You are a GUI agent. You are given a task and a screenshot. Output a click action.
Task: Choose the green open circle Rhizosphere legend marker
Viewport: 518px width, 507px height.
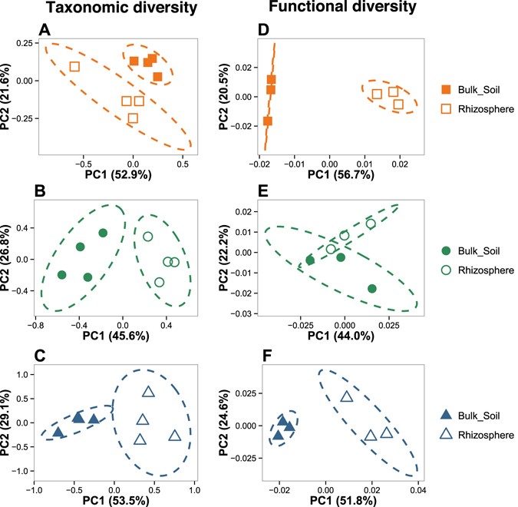pos(445,270)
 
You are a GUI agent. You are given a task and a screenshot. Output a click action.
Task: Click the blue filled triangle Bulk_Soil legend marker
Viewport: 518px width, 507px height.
pos(445,416)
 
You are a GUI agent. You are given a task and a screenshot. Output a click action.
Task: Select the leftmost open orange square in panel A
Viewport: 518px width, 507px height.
pos(74,66)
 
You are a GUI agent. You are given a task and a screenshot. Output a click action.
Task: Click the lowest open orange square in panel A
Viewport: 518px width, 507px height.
pos(133,118)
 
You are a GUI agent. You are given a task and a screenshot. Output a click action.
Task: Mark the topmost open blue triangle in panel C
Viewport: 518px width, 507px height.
pos(148,392)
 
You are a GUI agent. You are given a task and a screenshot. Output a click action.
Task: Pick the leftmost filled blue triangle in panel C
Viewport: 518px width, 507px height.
pos(58,432)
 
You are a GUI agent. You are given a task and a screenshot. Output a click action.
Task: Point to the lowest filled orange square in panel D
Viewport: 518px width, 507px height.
pos(267,121)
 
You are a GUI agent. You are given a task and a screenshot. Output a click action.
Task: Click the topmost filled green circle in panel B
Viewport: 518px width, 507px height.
pos(103,233)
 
